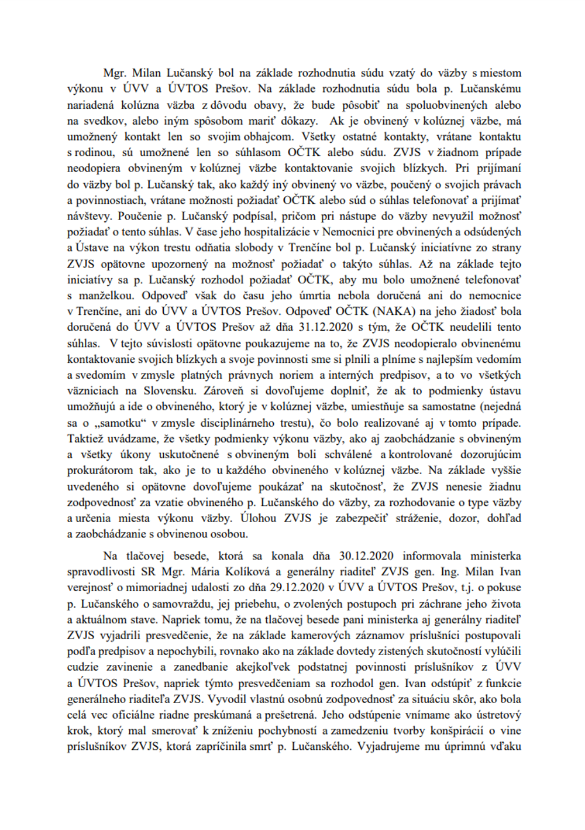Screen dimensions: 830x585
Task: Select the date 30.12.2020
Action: [x=366, y=555]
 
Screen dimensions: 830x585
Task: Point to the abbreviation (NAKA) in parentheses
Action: [x=397, y=311]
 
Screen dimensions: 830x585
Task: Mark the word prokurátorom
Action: [x=101, y=470]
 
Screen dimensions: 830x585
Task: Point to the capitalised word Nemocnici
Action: [x=349, y=232]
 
